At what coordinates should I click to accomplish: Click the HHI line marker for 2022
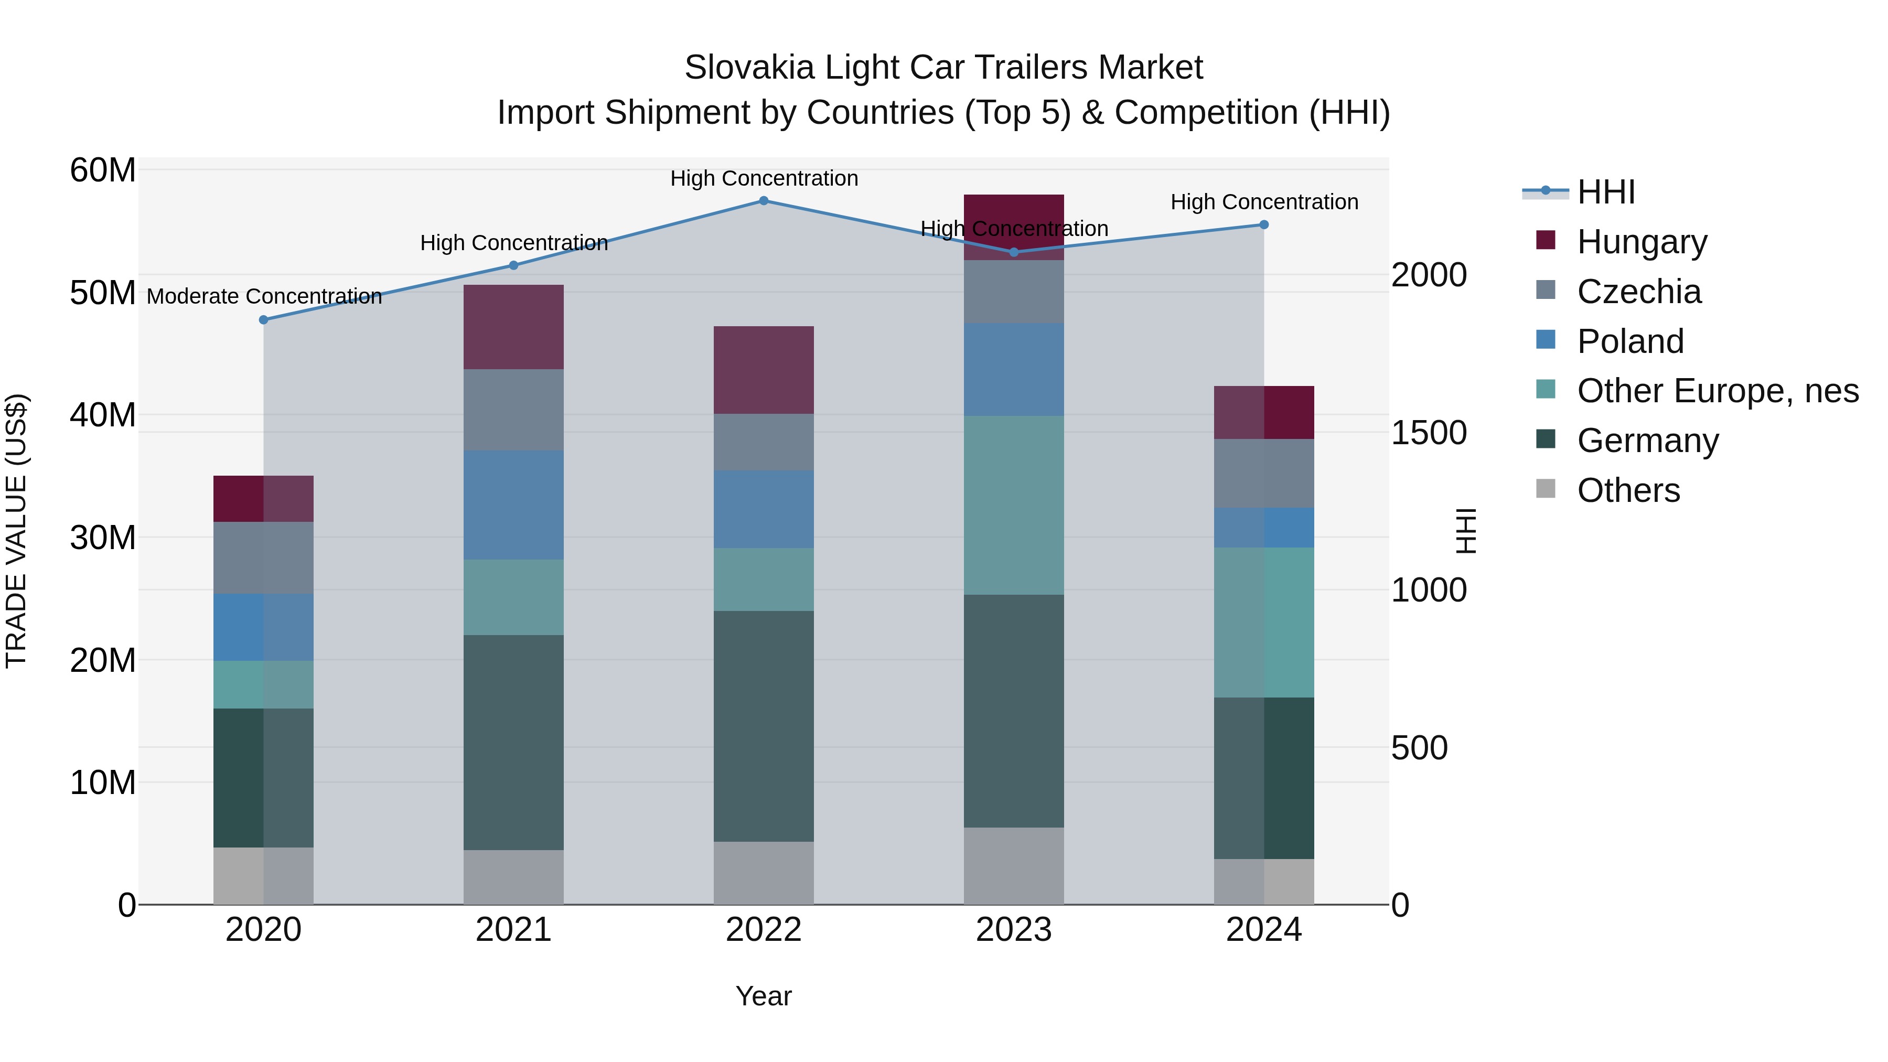point(763,201)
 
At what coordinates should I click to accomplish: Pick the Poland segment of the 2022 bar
point(763,509)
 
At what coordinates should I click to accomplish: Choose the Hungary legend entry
point(1642,242)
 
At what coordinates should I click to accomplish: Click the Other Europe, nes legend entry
point(1717,391)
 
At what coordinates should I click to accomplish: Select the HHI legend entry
point(1605,192)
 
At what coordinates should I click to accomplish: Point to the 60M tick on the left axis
point(103,171)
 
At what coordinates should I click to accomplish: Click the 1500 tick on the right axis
point(1429,433)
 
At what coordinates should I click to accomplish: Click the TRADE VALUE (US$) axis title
point(16,531)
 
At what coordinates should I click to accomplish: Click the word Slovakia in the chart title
point(749,68)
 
